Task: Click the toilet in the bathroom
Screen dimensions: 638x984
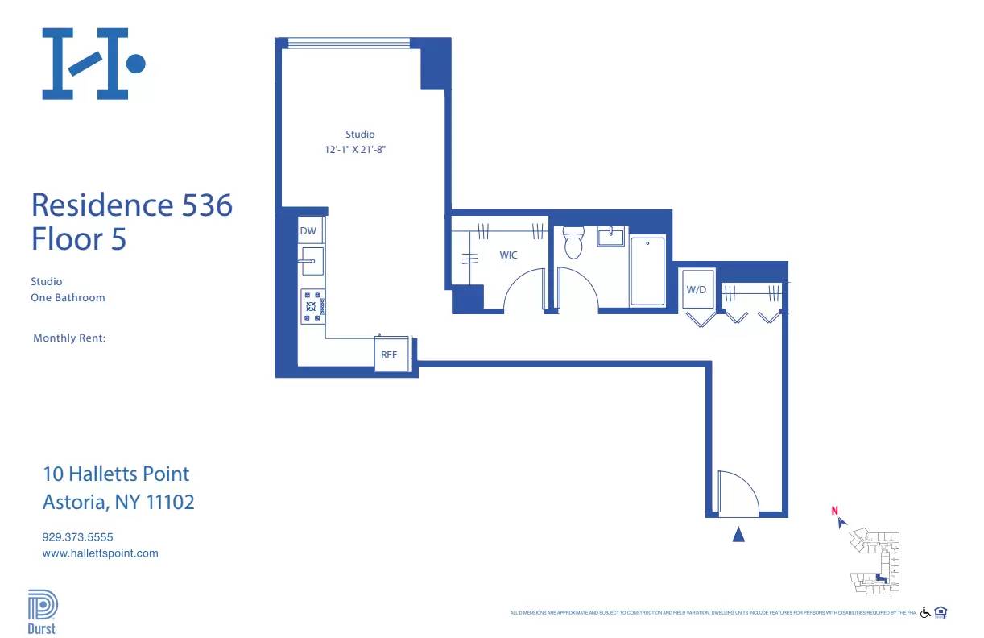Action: click(x=573, y=242)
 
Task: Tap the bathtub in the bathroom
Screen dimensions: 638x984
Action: click(x=647, y=271)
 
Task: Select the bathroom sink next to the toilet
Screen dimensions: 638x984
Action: click(x=611, y=236)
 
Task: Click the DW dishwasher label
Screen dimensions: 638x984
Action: click(x=308, y=231)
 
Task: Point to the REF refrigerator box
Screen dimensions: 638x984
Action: click(x=390, y=354)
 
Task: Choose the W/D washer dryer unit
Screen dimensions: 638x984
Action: click(x=697, y=289)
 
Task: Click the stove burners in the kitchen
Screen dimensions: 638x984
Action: click(x=312, y=305)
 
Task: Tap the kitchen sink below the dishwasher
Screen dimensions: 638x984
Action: click(x=312, y=261)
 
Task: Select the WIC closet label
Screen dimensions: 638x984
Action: click(x=508, y=255)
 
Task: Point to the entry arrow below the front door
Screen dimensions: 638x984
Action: click(x=738, y=534)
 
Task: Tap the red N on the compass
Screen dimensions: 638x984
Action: click(x=835, y=510)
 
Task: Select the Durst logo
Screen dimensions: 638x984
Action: click(x=42, y=612)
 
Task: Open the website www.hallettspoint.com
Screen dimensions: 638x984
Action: click(x=100, y=553)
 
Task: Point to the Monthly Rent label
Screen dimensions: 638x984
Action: click(x=69, y=338)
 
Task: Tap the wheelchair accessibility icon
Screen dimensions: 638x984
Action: click(x=925, y=612)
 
